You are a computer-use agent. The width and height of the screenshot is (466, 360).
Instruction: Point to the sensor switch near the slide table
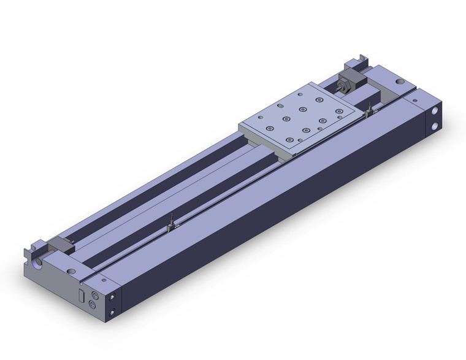pyautogui.click(x=370, y=111)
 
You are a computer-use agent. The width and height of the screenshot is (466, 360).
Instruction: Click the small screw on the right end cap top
pyautogui.click(x=414, y=99)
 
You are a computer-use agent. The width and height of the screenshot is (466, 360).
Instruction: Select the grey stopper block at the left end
pyautogui.click(x=62, y=245)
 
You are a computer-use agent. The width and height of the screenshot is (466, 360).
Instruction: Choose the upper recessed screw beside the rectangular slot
pyautogui.click(x=94, y=295)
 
